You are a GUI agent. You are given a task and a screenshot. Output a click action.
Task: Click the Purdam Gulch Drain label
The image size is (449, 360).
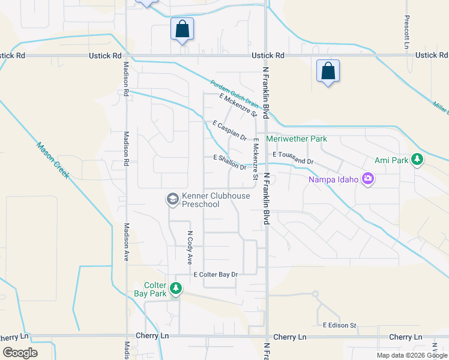(235, 95)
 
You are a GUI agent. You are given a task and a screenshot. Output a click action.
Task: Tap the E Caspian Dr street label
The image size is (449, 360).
(230, 130)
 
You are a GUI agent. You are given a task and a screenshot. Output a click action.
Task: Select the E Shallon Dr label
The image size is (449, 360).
(230, 162)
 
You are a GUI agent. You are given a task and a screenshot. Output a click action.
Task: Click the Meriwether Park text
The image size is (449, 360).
(297, 139)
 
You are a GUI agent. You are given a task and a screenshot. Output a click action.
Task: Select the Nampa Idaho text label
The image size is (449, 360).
(333, 179)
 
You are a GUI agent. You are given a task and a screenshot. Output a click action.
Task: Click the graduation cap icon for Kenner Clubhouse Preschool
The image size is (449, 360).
(172, 199)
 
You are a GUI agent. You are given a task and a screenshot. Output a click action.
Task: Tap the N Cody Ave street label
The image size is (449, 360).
(190, 248)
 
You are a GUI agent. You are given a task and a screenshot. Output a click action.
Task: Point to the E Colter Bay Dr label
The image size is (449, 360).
(215, 274)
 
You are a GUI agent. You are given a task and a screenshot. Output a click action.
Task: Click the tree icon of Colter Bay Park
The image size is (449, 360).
(176, 289)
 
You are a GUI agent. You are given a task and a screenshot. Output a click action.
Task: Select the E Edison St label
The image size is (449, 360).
(340, 325)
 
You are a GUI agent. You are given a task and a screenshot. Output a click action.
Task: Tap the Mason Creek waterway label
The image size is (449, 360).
(52, 160)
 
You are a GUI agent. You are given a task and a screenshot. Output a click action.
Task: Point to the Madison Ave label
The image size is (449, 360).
(126, 242)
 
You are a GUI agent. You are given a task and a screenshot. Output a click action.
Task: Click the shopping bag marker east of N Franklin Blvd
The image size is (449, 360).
(328, 70)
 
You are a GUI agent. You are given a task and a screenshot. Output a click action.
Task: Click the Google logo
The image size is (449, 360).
(20, 353)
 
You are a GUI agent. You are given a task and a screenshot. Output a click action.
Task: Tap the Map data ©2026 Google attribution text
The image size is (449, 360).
(411, 355)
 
